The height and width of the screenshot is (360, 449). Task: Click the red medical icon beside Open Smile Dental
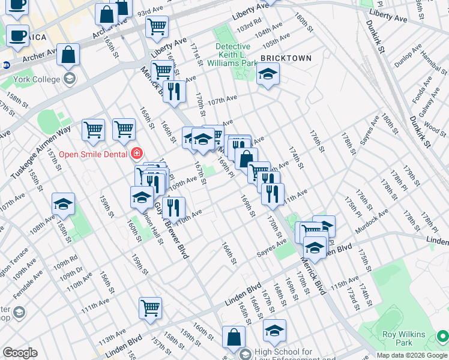coord(137,154)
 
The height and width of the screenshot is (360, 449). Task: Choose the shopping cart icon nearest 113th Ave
coord(150,308)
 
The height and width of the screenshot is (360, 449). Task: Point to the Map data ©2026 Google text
coord(412,355)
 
